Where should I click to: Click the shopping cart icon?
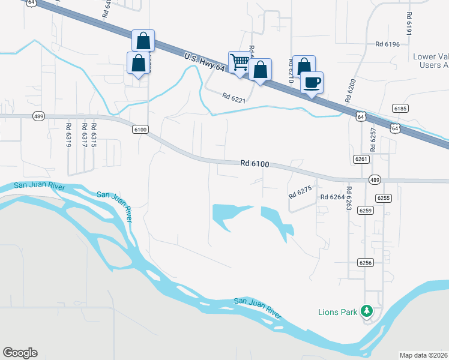[x=240, y=62]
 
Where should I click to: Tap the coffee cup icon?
[x=311, y=82]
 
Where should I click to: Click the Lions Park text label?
[x=337, y=312]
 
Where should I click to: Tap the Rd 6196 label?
[x=387, y=44]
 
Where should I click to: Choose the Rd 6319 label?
[x=68, y=135]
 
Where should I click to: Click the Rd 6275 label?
[x=300, y=192]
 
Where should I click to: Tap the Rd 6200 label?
[x=351, y=90]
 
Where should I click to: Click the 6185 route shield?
[x=400, y=109]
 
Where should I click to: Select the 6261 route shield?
[x=361, y=158]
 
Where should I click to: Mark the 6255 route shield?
[x=383, y=197]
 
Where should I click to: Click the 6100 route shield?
[x=140, y=129]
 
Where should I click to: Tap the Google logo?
[x=20, y=353]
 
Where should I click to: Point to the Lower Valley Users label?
[x=431, y=61]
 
